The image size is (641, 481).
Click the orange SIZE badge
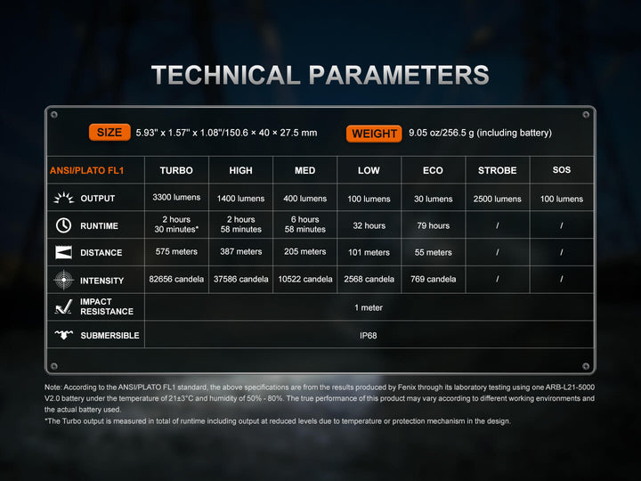pos(110,133)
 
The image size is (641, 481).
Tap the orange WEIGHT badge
pos(374,134)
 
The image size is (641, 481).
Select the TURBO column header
pos(176,170)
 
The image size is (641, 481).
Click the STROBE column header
pos(497,170)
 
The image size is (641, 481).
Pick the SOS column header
pos(562,169)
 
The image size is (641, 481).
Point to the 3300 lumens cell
pos(176,198)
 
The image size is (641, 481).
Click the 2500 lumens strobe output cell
pos(497,199)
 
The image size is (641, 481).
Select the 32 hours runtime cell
pos(369,225)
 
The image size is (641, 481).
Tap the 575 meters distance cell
pos(176,252)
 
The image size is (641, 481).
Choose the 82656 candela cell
pos(176,280)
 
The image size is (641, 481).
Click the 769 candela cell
pos(433,280)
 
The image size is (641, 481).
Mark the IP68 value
pos(368,335)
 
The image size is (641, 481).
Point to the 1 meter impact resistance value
pos(368,307)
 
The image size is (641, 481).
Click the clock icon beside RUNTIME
pos(63,225)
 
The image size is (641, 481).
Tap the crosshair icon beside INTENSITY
pos(63,280)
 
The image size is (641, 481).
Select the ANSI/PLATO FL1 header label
pos(87,170)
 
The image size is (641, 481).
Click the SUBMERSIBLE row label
pos(110,335)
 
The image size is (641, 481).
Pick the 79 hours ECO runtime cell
pos(433,225)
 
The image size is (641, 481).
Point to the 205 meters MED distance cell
pos(304,252)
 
